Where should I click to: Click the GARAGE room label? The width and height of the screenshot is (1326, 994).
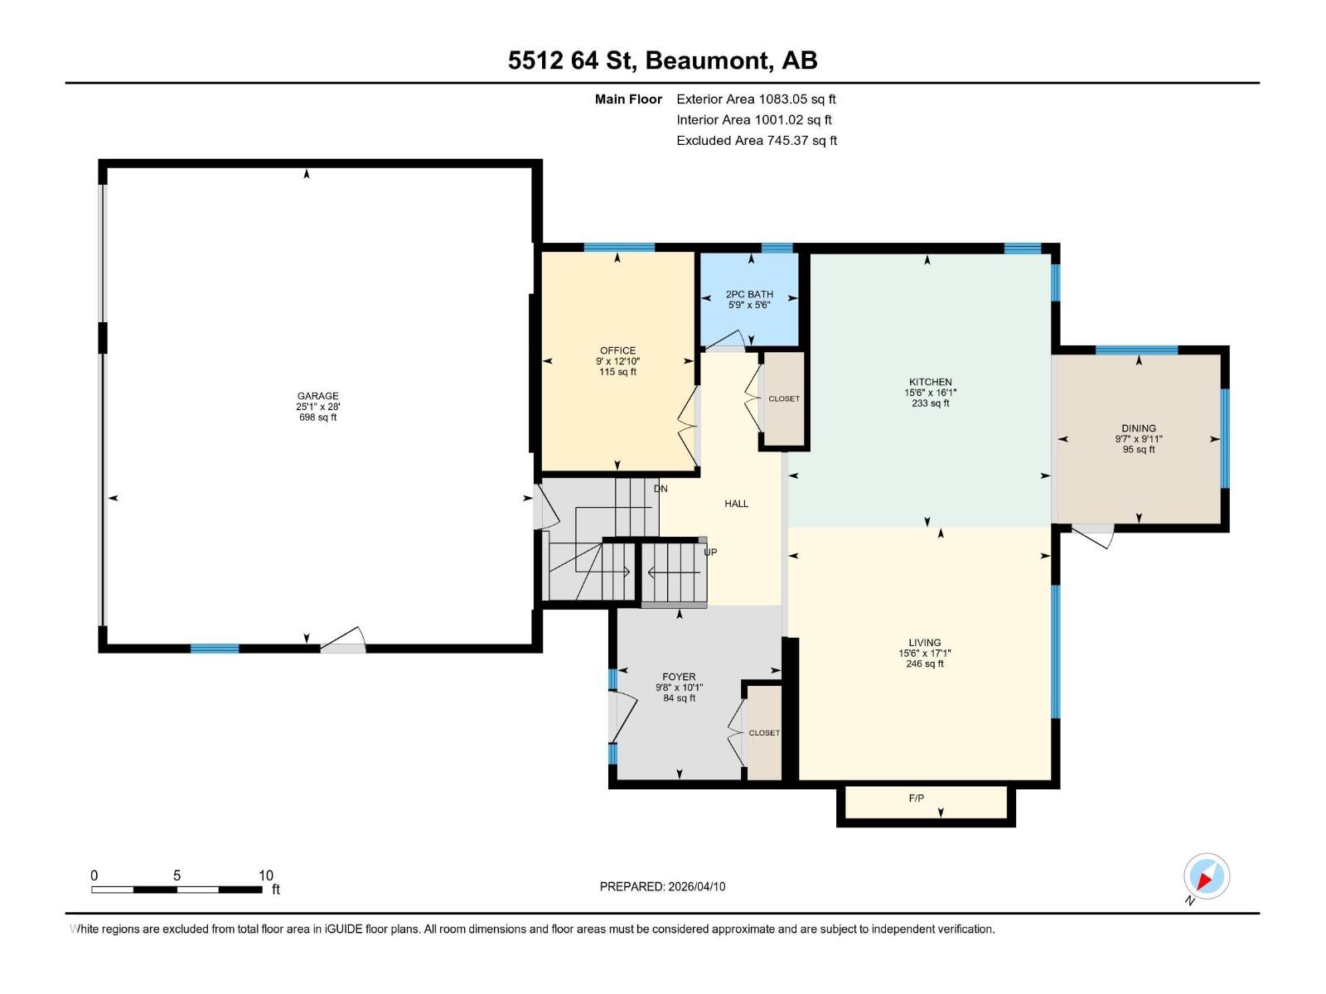pos(318,396)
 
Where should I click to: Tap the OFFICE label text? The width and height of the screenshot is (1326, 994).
pos(617,350)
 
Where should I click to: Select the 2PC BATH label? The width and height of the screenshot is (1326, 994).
pos(749,294)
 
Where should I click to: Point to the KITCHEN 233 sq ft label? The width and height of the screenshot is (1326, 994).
pos(930,393)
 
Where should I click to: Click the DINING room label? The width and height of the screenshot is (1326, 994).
pos(1138,428)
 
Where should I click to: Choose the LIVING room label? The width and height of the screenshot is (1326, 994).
pos(924,642)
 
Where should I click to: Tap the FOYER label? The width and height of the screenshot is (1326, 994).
pos(679,677)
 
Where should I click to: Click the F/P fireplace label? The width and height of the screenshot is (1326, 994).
pos(916,799)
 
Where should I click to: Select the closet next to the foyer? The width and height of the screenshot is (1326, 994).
pos(764,733)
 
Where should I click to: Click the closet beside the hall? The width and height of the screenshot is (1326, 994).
pos(783,399)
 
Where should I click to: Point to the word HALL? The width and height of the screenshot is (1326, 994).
pos(736,504)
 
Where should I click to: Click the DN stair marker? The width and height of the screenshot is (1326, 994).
pos(661,489)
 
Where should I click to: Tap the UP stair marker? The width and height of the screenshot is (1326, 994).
pos(710,552)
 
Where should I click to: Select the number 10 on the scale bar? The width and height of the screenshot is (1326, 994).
pos(265,876)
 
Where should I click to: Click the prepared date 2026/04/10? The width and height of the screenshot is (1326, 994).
pos(695,886)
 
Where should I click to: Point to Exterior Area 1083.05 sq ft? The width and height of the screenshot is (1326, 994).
pos(756,99)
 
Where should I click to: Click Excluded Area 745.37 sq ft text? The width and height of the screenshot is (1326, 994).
pos(756,141)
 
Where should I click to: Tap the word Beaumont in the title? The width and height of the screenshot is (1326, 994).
pos(706,60)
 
